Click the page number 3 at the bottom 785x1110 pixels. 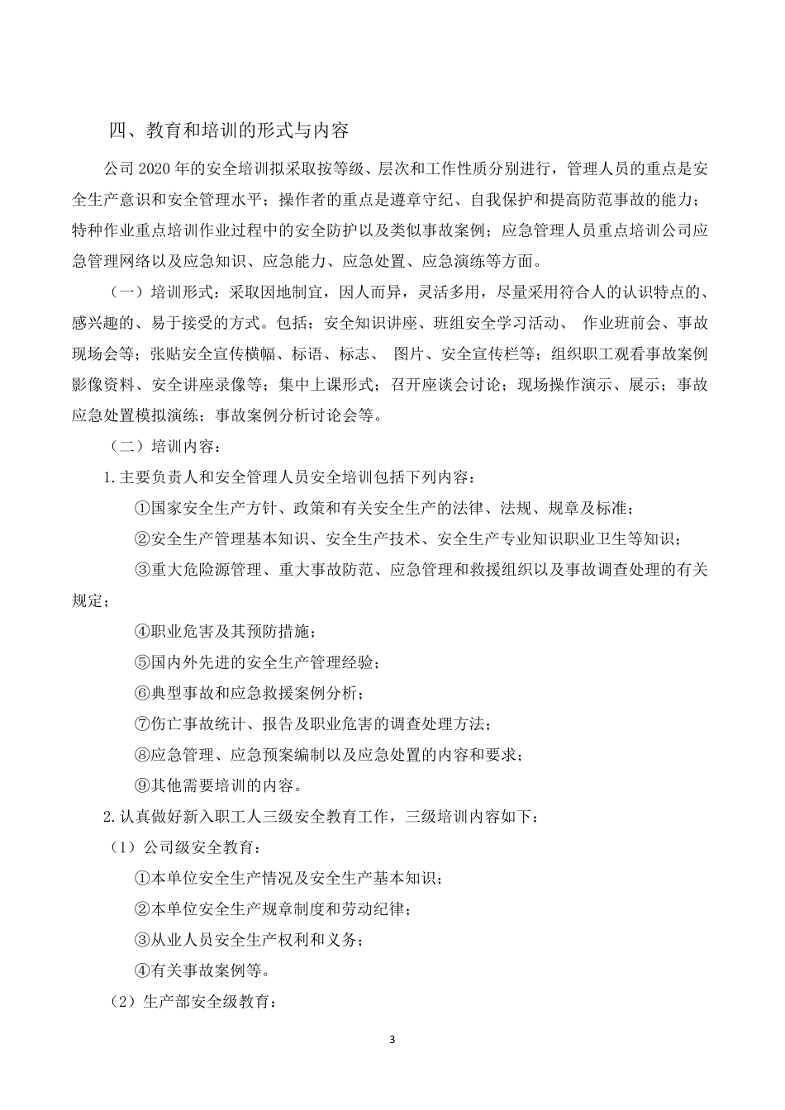click(x=392, y=1039)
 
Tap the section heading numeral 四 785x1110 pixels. click(x=118, y=130)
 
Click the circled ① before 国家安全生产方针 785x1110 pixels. click(x=141, y=509)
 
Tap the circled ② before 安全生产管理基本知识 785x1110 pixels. click(x=141, y=539)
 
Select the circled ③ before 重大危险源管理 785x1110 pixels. click(x=141, y=570)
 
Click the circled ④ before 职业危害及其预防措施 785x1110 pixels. click(x=141, y=632)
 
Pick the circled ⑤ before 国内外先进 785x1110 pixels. click(x=141, y=662)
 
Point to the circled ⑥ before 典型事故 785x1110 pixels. click(x=141, y=693)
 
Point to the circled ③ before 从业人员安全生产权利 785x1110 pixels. click(x=141, y=940)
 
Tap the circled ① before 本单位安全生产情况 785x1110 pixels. click(x=141, y=878)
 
